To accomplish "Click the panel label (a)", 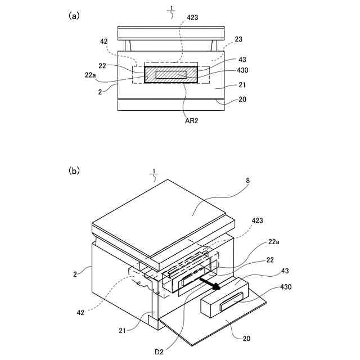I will tap(74, 16).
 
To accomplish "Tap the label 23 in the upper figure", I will tap(239, 39).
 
